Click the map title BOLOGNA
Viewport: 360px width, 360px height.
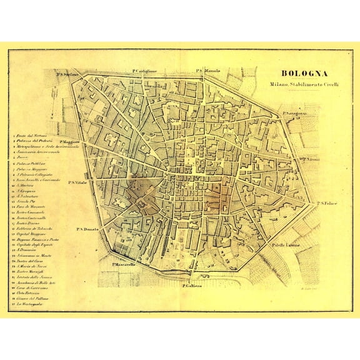(304, 72)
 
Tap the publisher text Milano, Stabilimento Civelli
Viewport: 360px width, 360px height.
(304, 84)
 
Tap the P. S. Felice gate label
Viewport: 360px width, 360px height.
(327, 203)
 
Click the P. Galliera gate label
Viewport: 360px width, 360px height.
(194, 287)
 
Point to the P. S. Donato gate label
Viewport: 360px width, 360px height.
(89, 229)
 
